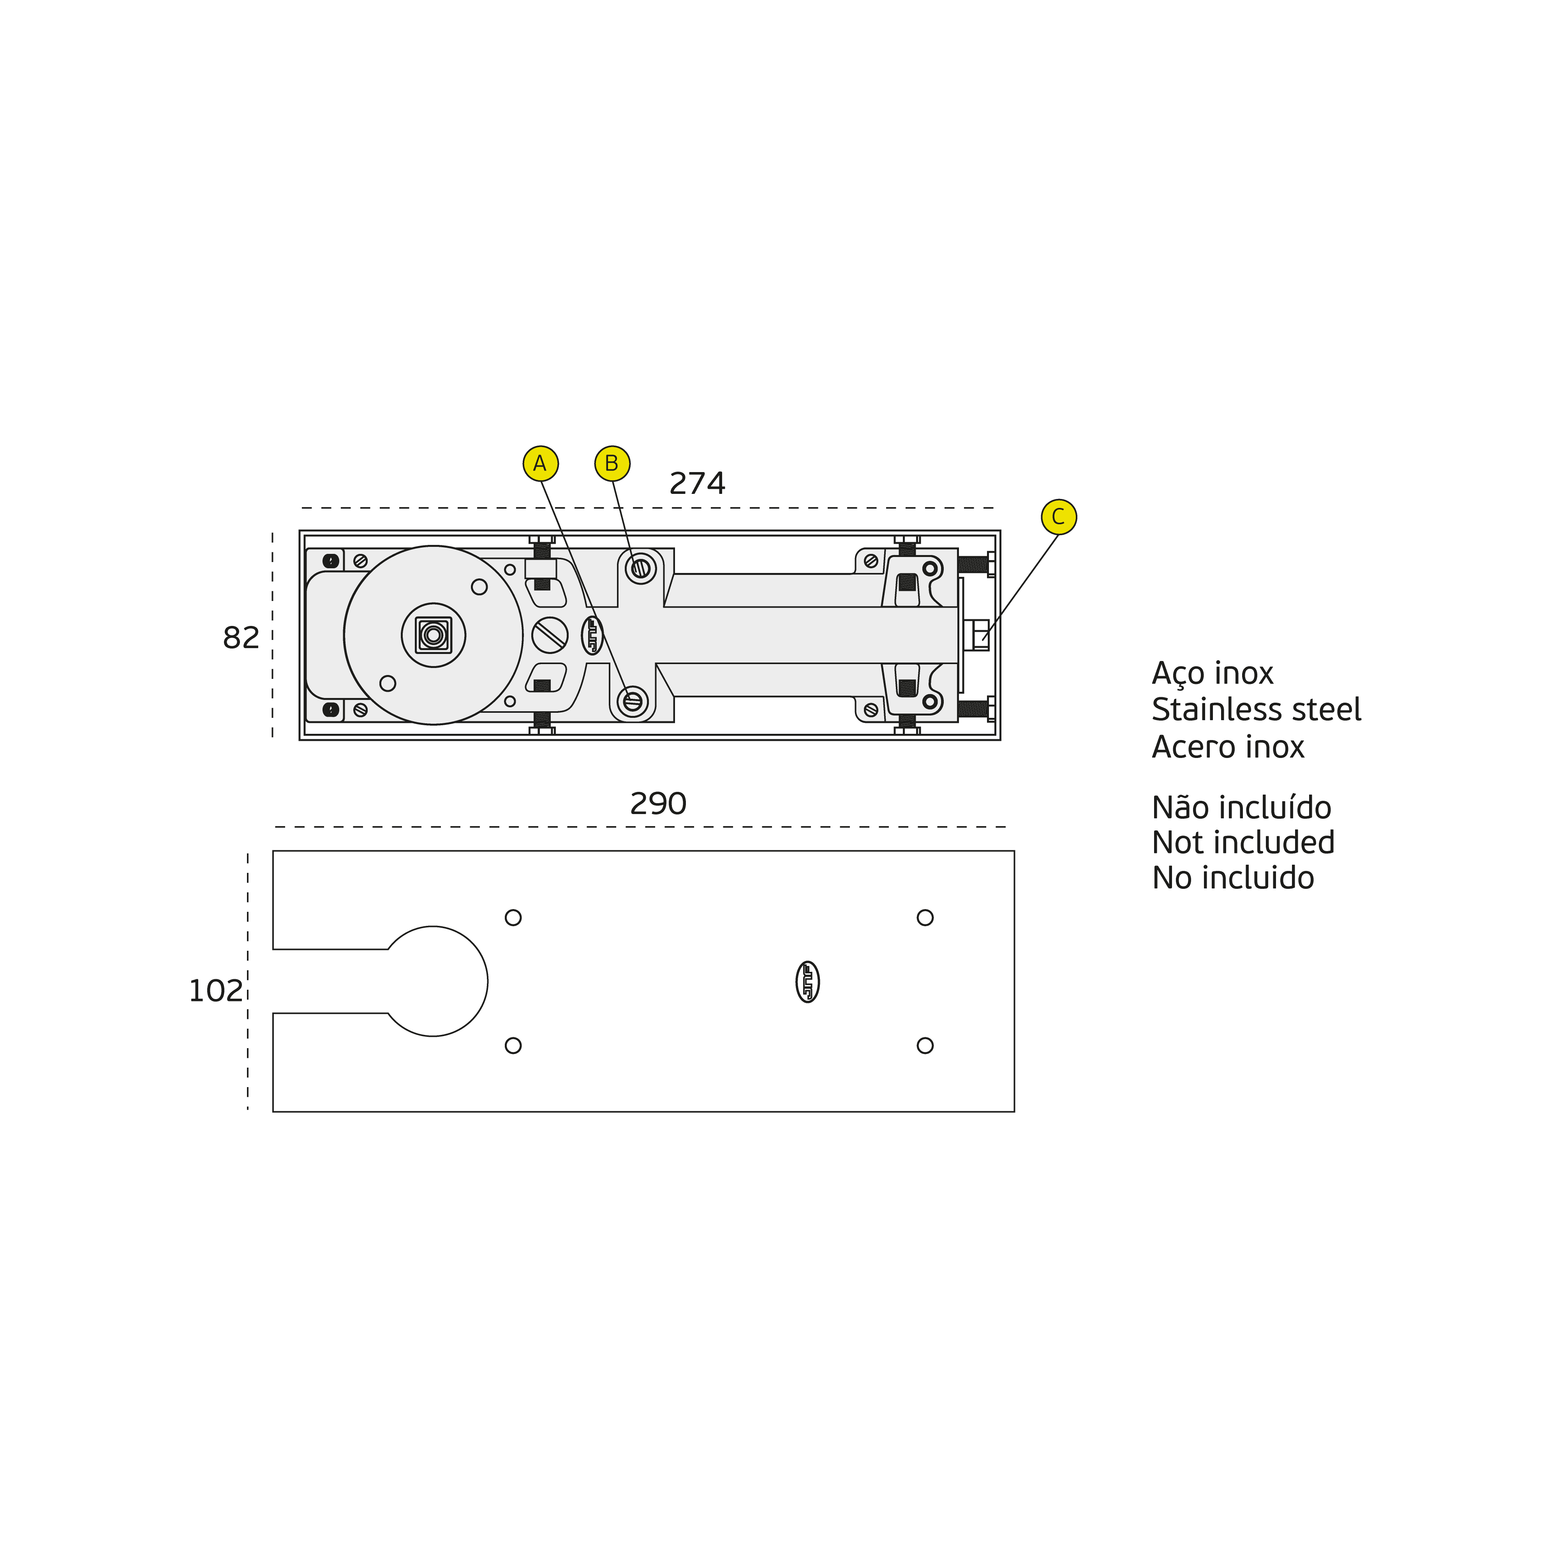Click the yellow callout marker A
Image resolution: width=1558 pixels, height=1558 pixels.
(x=540, y=464)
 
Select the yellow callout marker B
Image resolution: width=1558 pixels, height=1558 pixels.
(x=612, y=464)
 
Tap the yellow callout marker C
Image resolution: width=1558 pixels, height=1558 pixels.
(x=1059, y=516)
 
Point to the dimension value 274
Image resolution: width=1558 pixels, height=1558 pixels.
(x=698, y=483)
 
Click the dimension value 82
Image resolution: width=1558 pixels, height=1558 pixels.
(x=241, y=638)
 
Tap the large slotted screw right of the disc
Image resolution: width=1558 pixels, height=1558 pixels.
(x=550, y=634)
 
